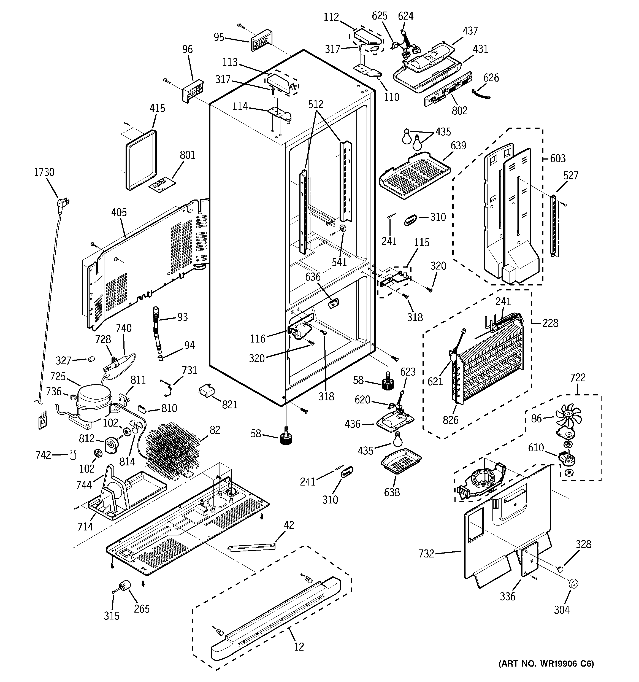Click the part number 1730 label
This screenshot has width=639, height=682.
coord(44,172)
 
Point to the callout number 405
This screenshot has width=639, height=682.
coord(119,212)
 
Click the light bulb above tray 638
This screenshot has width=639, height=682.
coord(398,439)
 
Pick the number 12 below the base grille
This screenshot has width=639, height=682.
coord(299,647)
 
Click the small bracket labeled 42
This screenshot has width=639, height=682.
coord(252,546)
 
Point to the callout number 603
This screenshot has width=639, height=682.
coord(558,158)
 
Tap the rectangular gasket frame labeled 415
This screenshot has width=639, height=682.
coord(141,160)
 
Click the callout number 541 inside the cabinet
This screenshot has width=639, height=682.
coord(339,262)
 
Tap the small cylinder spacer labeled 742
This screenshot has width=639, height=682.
coord(73,455)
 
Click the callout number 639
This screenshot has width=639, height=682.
coord(458,145)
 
